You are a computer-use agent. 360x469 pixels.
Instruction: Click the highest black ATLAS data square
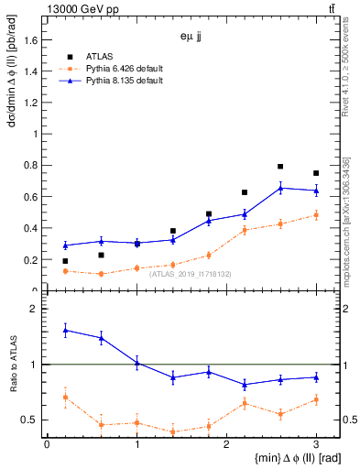pos(280,167)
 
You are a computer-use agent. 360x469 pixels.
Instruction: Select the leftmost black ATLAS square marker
pos(65,261)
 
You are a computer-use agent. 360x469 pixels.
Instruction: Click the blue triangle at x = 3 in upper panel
pos(316,191)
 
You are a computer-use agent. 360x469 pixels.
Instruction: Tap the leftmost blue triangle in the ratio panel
pos(65,330)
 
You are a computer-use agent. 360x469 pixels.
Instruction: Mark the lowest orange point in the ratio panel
pos(172,431)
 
